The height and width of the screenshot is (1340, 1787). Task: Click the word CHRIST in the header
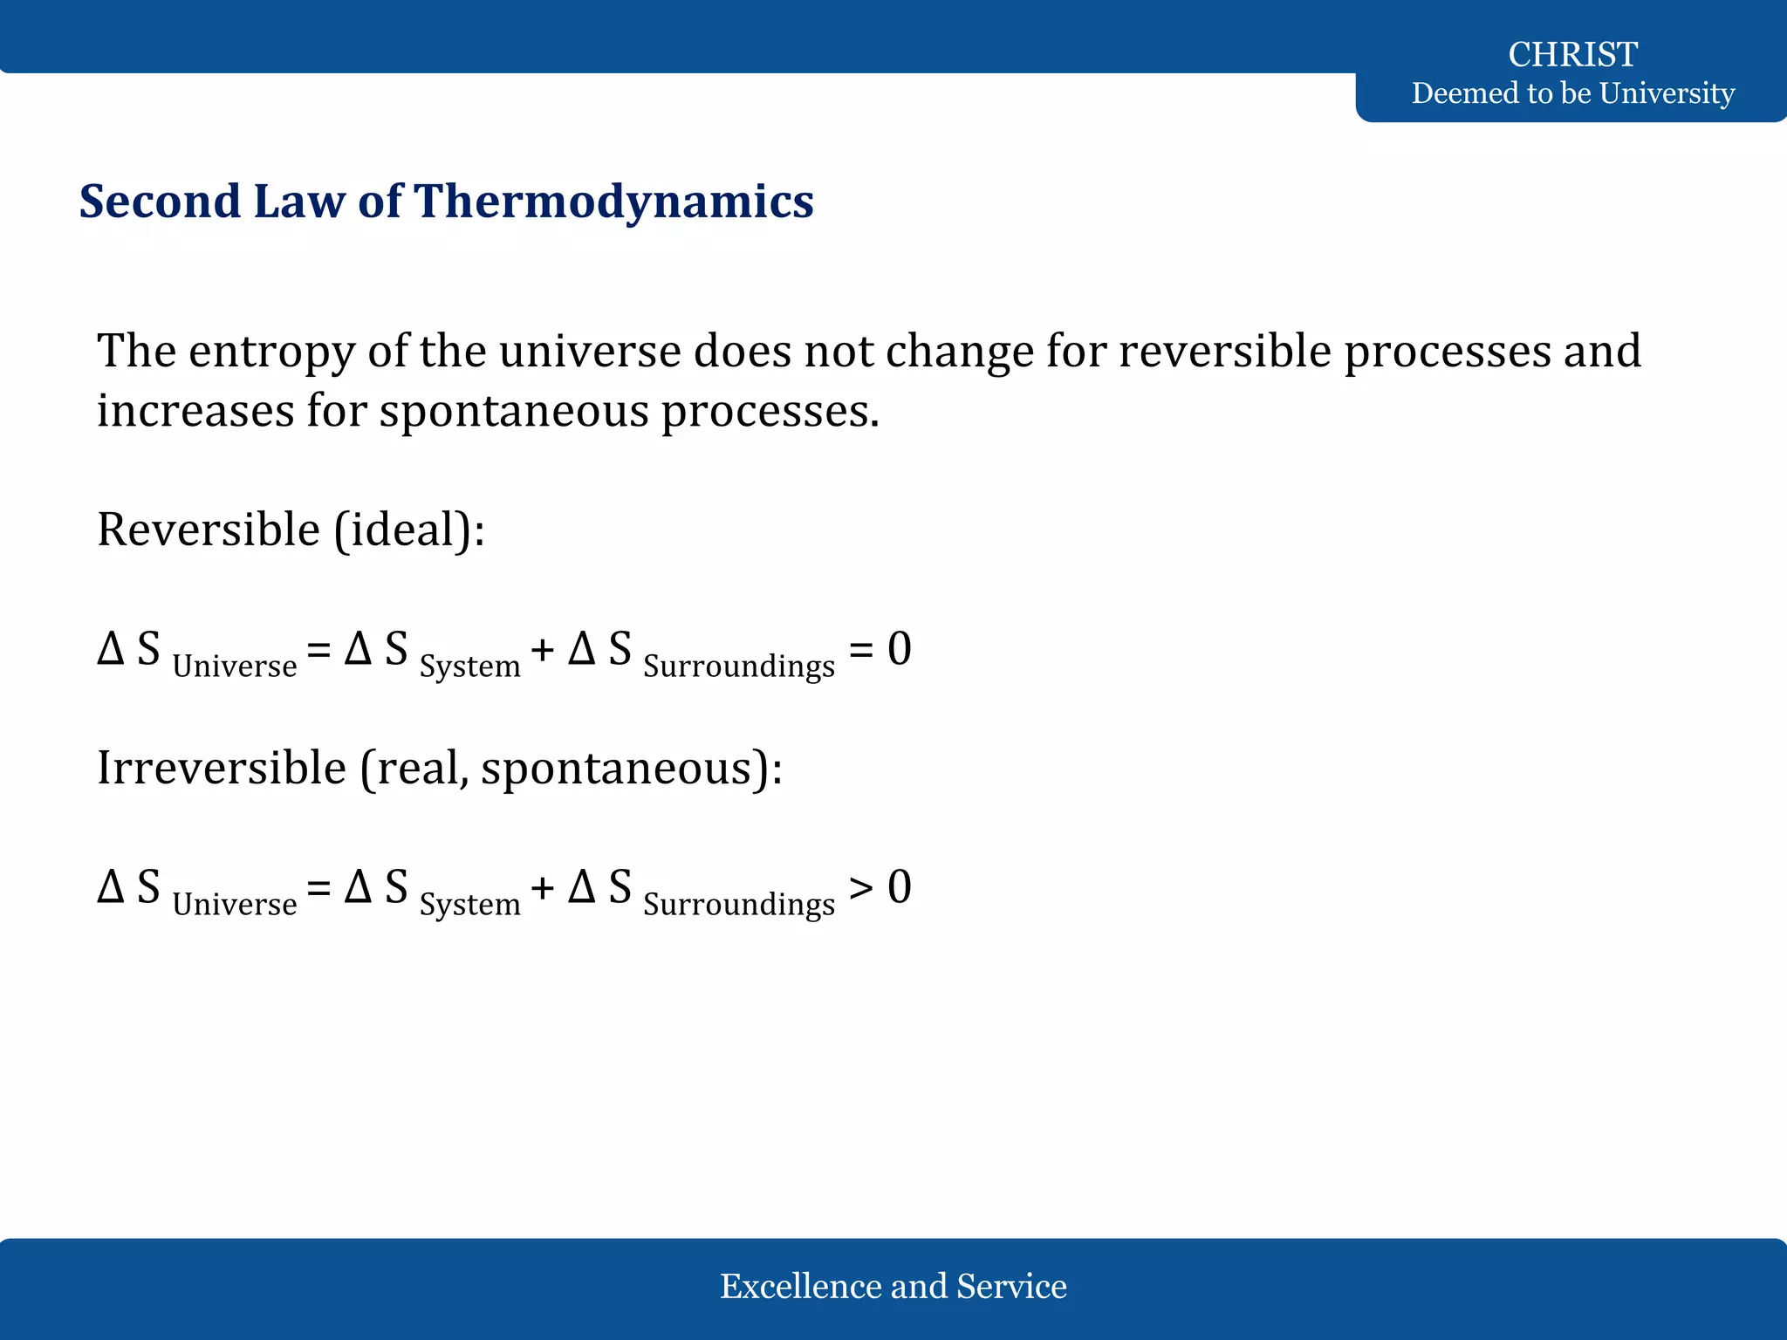[x=1572, y=54]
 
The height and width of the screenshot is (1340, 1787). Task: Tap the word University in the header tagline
[x=1666, y=92]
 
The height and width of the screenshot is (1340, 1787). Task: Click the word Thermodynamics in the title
[x=613, y=202]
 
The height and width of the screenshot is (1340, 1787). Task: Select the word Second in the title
[x=159, y=202]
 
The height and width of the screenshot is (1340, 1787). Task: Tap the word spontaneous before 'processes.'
[x=514, y=412]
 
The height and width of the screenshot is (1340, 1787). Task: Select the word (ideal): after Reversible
[x=409, y=530]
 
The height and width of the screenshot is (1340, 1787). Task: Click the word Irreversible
[x=222, y=768]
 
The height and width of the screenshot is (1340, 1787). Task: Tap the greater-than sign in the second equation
[x=861, y=888]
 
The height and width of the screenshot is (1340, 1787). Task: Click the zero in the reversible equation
[x=900, y=650]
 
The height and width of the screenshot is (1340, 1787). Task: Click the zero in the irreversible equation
[x=900, y=887]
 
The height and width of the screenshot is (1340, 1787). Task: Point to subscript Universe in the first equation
[x=235, y=667]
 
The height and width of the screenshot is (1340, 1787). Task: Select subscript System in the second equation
[x=469, y=905]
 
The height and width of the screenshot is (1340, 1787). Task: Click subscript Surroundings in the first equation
[x=739, y=667]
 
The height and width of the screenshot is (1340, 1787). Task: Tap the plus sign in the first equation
[x=542, y=651]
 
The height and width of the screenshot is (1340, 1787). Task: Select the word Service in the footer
[x=1011, y=1286]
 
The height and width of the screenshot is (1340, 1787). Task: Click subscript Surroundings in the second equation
[x=739, y=905]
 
